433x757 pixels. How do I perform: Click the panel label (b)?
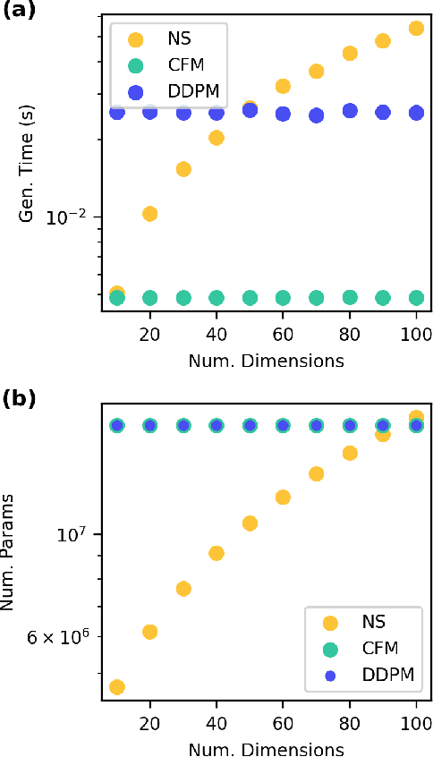click(x=17, y=398)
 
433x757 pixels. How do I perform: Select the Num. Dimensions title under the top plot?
click(x=266, y=361)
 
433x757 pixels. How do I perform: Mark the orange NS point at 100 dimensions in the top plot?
click(x=416, y=29)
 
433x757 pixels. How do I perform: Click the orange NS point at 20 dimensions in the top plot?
click(x=149, y=213)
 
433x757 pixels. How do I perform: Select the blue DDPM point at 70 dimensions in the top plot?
click(x=316, y=115)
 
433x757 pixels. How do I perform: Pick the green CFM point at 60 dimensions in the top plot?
click(x=283, y=298)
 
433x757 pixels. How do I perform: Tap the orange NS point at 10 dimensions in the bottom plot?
click(x=116, y=687)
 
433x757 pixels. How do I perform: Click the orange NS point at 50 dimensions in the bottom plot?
click(x=250, y=523)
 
